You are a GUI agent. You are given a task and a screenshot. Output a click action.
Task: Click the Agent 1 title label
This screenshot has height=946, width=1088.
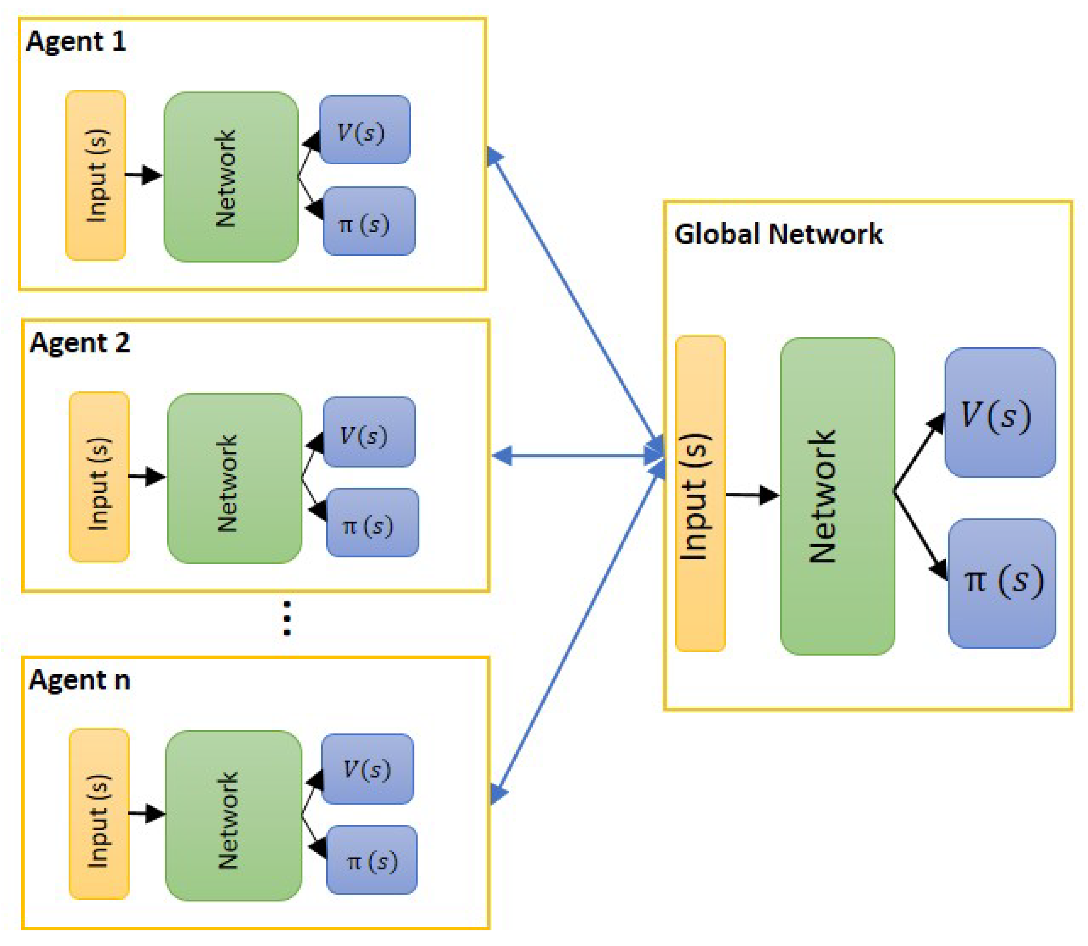[x=76, y=41]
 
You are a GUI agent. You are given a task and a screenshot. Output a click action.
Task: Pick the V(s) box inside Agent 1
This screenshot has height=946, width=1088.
[x=365, y=130]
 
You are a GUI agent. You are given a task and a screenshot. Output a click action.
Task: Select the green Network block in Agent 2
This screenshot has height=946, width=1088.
[x=234, y=478]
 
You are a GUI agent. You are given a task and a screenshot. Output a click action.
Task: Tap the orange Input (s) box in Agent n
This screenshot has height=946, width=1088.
[x=99, y=814]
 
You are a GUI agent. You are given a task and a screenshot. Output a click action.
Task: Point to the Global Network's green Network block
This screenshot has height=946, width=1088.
[x=837, y=496]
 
